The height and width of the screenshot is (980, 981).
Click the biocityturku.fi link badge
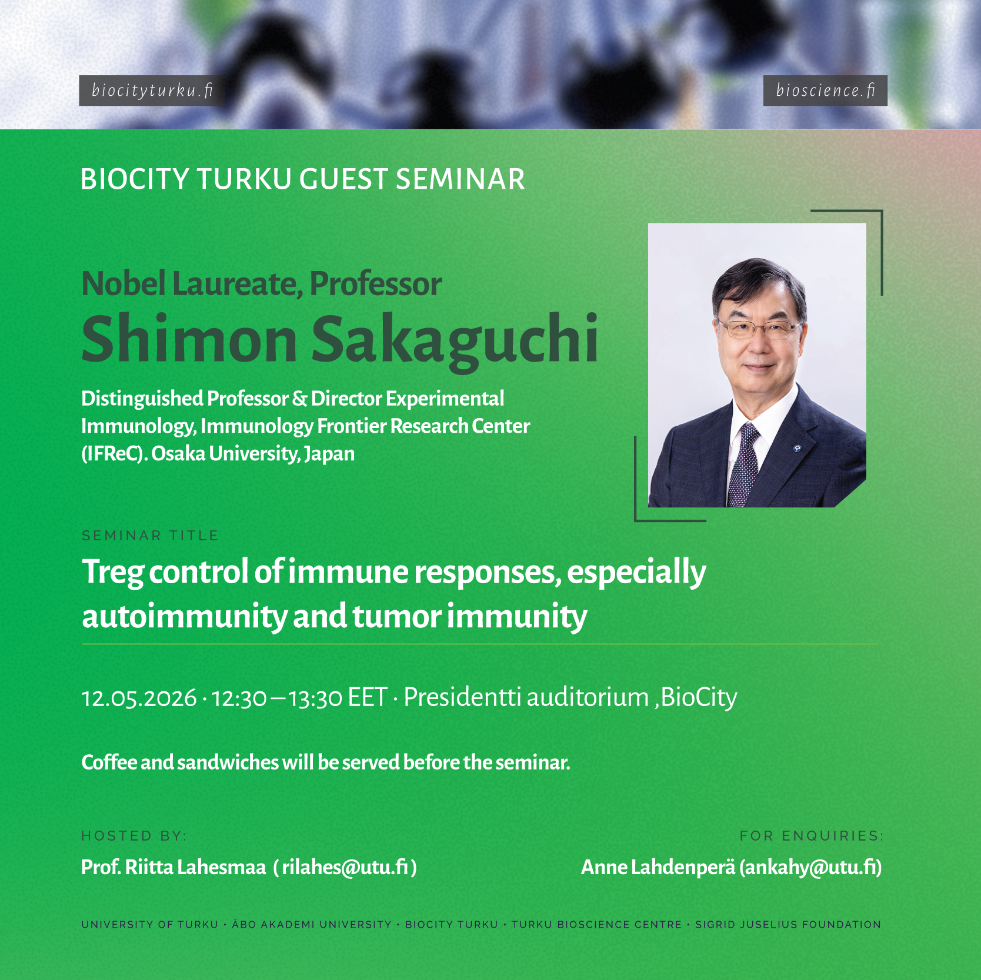151,91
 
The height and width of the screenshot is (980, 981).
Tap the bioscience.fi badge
825,91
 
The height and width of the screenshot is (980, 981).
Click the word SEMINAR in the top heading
460,179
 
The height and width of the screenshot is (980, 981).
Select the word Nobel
123,284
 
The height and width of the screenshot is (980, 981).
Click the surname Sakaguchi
454,340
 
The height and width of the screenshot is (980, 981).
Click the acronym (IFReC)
114,454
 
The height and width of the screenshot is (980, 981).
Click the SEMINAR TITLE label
150,536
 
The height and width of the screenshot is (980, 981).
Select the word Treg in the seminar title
112,572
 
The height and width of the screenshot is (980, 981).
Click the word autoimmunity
184,617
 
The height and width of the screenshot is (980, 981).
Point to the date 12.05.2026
139,698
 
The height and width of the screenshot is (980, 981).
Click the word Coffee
109,762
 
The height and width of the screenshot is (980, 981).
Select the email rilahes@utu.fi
345,867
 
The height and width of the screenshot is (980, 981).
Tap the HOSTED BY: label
134,836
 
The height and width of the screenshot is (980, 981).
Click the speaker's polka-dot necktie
743,464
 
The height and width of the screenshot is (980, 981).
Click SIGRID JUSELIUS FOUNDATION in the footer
788,925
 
